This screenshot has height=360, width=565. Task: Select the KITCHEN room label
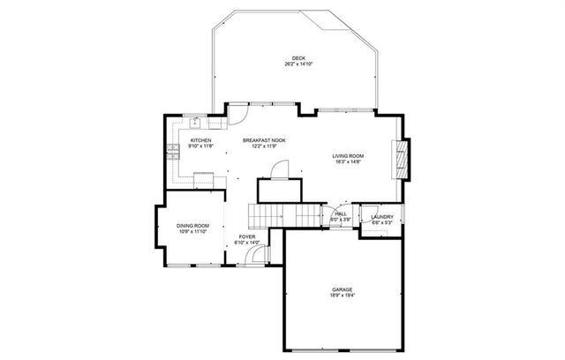200,140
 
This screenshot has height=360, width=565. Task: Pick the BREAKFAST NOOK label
264,140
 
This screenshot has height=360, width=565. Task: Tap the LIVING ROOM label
348,156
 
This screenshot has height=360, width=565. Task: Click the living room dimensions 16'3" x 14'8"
348,162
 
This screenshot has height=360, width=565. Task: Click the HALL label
340,214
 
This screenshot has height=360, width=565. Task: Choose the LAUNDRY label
381,217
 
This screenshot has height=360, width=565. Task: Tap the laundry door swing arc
371,232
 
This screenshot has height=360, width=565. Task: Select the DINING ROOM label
192,226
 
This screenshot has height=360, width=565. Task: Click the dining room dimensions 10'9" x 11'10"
192,232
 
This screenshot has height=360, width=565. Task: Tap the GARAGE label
342,289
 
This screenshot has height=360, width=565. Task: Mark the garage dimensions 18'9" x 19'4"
342,296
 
